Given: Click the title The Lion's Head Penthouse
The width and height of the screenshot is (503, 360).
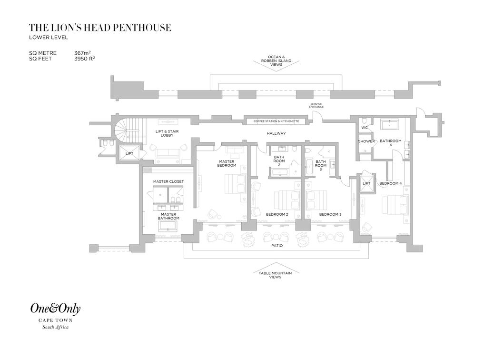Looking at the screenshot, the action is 100,28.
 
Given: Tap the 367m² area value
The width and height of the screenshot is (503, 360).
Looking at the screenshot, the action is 85,53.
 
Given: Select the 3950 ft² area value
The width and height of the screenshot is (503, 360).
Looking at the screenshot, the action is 85,59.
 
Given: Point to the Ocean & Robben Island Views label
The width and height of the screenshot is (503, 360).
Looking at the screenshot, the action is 276,60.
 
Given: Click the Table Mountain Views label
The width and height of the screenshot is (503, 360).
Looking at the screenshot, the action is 275,275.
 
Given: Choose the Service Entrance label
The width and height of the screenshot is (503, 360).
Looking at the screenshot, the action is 316,105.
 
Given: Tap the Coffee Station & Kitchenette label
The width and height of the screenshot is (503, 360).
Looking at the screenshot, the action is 276,121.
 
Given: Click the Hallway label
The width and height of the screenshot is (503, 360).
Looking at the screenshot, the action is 276,133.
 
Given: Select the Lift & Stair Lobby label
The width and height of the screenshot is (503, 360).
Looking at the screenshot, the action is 167,133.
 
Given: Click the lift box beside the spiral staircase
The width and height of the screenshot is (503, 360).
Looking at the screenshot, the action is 129,153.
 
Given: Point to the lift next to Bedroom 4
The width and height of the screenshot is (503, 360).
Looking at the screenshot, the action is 367,183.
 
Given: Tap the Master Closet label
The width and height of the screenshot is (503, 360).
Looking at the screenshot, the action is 168,181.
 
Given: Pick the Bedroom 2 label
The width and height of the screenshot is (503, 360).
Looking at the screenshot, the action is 277,214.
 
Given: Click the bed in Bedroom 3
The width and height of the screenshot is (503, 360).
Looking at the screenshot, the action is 316,200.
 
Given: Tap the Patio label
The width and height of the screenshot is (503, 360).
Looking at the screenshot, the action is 277,246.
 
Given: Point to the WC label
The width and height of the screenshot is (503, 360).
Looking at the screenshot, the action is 365,128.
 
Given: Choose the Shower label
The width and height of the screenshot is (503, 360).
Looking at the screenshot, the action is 366,141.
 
